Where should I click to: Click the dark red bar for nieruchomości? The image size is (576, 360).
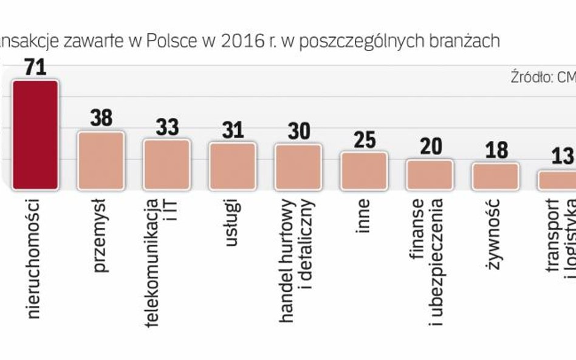pyautogui.click(x=35, y=135)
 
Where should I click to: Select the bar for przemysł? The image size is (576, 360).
pyautogui.click(x=101, y=160)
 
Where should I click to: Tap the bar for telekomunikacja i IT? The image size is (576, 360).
pyautogui.click(x=166, y=164)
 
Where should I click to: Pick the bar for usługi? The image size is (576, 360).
pyautogui.click(x=232, y=166)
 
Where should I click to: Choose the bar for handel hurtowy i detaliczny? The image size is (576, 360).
pyautogui.click(x=298, y=166)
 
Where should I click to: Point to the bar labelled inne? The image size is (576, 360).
pyautogui.click(x=363, y=171)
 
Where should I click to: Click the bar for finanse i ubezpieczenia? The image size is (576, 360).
pyautogui.click(x=430, y=174)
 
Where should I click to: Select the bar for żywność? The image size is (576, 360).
pyautogui.click(x=495, y=176)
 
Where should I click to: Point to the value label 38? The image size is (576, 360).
pyautogui.click(x=101, y=118)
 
